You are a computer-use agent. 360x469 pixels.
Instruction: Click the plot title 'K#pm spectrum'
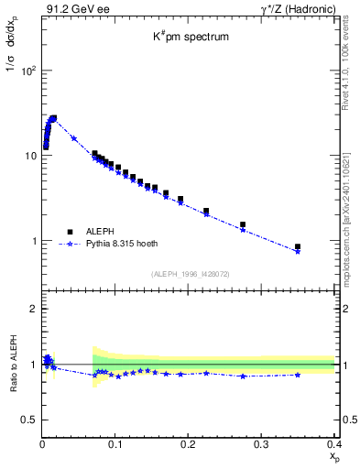(190, 38)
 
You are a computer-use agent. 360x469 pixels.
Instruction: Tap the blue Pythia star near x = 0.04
(73, 138)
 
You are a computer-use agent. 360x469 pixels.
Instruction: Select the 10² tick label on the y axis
(27, 71)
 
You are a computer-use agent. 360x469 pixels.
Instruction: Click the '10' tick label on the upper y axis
(29, 156)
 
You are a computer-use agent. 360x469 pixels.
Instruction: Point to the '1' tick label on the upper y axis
(33, 241)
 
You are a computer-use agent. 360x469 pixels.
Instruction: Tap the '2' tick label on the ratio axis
(33, 309)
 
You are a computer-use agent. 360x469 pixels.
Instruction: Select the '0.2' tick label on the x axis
(188, 444)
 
